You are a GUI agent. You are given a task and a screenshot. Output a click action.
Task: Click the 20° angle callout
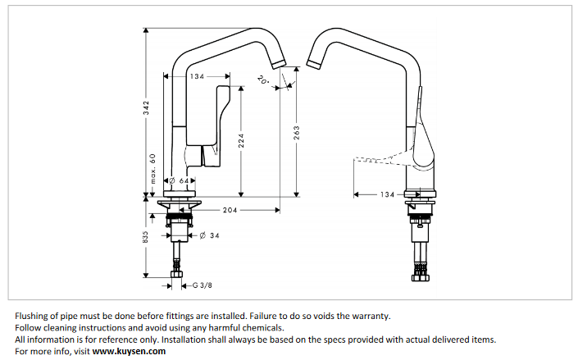[262, 80]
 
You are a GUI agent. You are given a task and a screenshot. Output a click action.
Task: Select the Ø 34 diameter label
[208, 237]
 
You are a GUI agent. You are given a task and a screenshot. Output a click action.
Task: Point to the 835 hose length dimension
[145, 237]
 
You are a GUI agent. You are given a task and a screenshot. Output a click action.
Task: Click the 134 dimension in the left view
[197, 76]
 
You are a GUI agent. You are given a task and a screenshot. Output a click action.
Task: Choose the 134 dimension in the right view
[388, 194]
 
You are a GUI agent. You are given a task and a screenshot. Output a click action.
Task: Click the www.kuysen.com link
[129, 351]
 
